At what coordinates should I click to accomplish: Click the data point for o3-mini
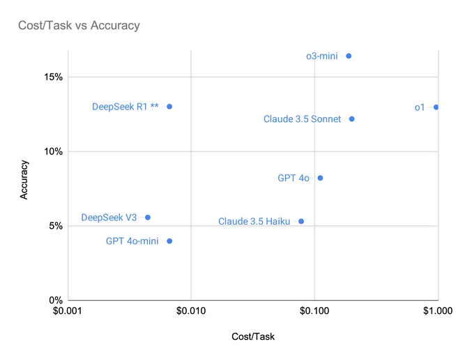349,56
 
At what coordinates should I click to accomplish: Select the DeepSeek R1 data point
169,107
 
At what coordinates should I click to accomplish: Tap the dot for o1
436,107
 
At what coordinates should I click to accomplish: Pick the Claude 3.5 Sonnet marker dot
351,119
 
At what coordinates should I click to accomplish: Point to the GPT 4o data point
320,178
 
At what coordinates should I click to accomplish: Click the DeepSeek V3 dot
147,218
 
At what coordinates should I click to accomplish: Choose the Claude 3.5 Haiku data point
301,221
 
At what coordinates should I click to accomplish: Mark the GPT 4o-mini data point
169,241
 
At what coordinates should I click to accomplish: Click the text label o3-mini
322,56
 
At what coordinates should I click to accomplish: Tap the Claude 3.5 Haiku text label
254,221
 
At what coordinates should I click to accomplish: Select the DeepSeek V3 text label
109,218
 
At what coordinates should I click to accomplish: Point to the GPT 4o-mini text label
132,241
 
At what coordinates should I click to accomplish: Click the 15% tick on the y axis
53,77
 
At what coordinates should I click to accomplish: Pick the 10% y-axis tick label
53,151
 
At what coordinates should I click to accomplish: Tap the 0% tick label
56,300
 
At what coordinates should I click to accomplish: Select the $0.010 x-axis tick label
191,311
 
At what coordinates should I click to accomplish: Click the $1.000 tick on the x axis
438,311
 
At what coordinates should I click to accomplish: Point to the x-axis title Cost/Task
253,336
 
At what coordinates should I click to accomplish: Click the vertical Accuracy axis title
24,179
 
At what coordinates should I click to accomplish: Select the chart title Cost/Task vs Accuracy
79,25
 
